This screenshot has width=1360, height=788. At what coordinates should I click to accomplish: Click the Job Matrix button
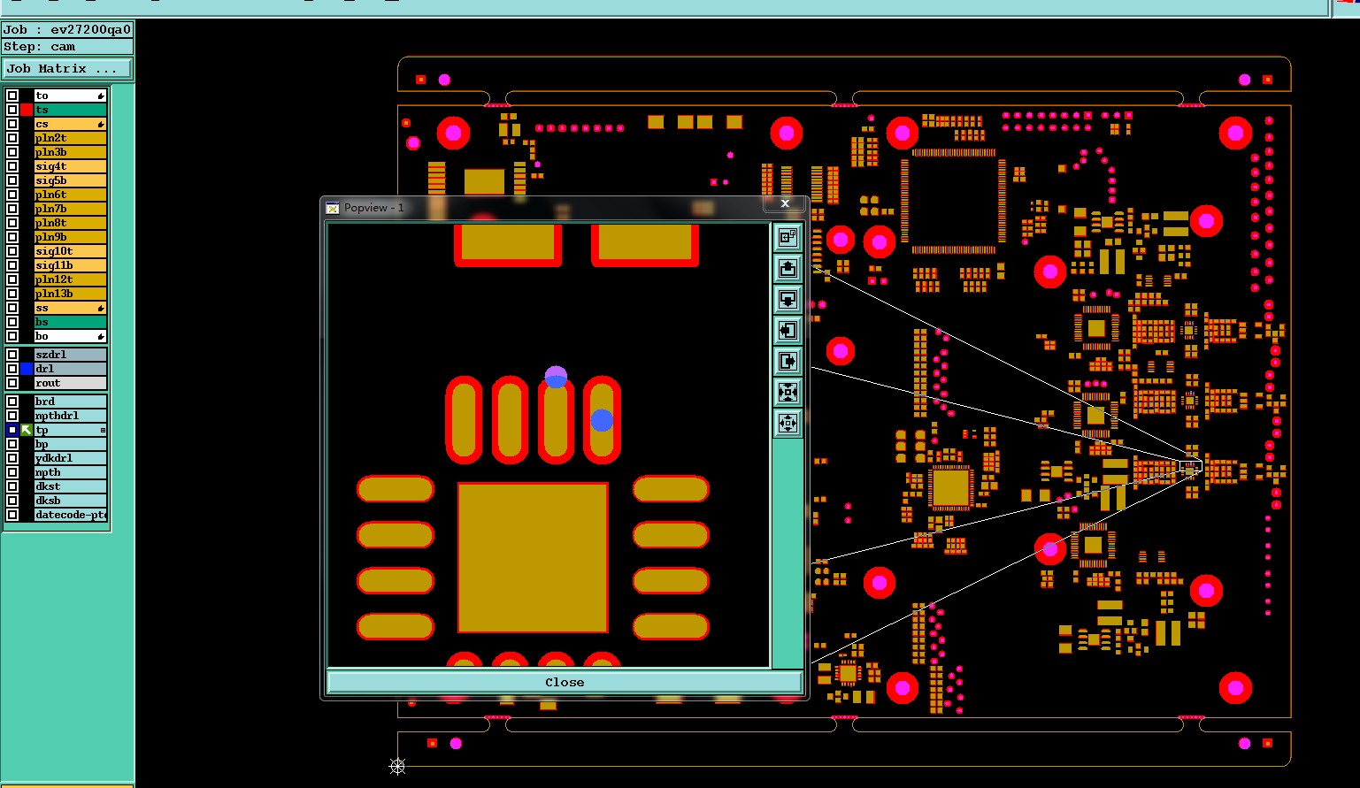[x=67, y=68]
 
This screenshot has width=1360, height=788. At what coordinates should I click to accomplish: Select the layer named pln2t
[x=70, y=138]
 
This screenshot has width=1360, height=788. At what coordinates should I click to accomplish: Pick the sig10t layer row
[x=70, y=251]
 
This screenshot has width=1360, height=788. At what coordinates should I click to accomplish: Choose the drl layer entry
[x=70, y=369]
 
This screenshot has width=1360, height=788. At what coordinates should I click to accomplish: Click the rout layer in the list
[x=70, y=383]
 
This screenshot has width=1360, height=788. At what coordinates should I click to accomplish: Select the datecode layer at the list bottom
[x=70, y=515]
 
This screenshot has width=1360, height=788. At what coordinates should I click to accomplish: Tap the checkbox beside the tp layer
[x=12, y=430]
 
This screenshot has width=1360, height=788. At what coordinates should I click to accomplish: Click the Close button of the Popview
[x=565, y=682]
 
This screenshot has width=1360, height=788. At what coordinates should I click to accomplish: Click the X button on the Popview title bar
[x=785, y=203]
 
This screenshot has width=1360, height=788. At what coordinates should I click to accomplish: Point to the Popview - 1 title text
[x=373, y=208]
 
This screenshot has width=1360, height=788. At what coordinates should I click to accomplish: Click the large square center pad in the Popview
[x=533, y=557]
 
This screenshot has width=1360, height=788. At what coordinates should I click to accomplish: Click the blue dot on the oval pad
[x=602, y=421]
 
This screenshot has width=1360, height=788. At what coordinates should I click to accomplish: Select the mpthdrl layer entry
[x=70, y=416]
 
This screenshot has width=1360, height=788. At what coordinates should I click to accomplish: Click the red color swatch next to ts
[x=27, y=110]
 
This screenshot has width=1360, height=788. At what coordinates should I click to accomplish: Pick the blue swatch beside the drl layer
[x=27, y=369]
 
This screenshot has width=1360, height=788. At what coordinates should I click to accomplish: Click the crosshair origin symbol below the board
[x=397, y=766]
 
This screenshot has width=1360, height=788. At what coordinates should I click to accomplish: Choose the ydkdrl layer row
[x=70, y=458]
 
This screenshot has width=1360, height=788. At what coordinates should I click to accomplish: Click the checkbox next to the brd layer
[x=12, y=402]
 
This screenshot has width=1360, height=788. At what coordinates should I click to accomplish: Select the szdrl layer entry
[x=70, y=355]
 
